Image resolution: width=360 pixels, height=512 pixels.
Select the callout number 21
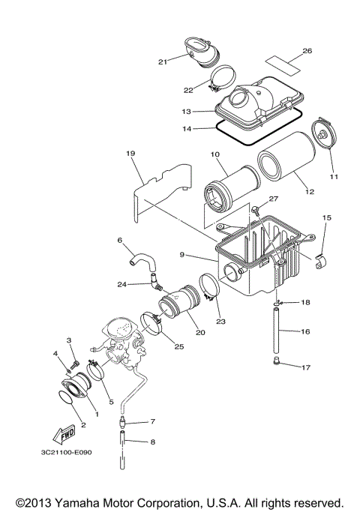coord(161,61)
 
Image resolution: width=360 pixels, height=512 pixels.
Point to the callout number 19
coord(130,154)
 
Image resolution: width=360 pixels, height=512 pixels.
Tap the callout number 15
coord(326,217)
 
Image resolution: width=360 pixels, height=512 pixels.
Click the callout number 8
coord(153,442)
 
